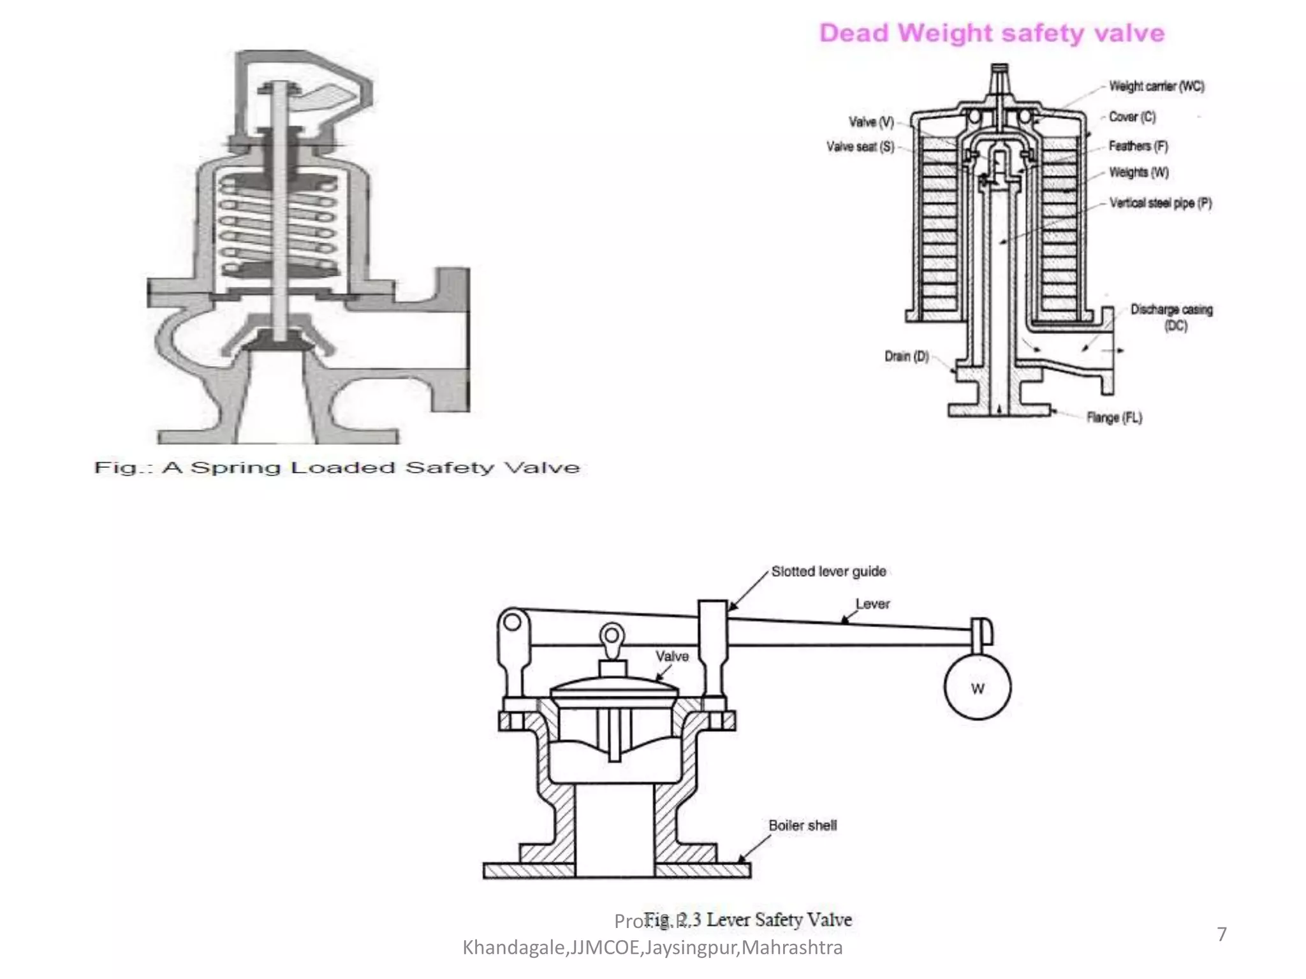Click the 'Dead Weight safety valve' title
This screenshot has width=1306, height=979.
[x=992, y=33]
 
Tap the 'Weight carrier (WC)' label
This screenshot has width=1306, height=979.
[x=1156, y=86]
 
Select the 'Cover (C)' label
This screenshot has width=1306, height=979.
[x=1132, y=117]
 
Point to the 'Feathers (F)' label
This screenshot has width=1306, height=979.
[x=1138, y=146]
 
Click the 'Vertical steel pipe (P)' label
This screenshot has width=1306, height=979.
[x=1160, y=203]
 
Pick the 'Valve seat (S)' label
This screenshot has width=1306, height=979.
[x=860, y=147]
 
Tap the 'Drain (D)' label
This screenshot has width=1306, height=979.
[x=906, y=356]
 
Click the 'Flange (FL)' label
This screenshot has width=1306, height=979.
[x=1114, y=417]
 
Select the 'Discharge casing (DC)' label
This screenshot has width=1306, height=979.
[x=1171, y=317]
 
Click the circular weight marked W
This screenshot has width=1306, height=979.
[x=977, y=688]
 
